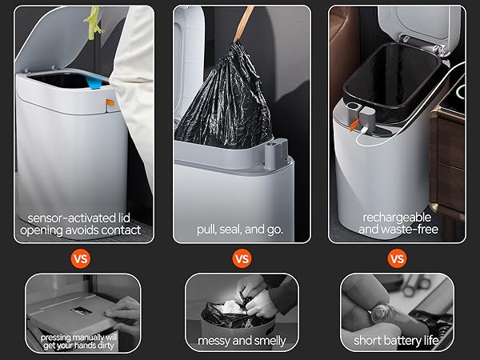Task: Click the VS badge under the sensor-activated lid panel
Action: click(81, 258)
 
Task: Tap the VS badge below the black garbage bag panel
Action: click(241, 258)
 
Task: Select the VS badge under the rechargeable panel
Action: click(397, 258)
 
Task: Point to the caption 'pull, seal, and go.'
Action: click(240, 230)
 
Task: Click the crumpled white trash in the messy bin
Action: click(232, 305)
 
